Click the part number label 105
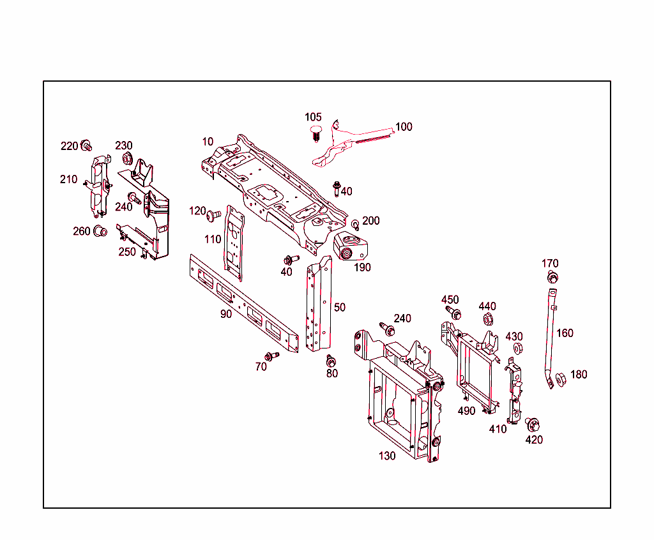(x=313, y=117)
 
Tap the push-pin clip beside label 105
(x=315, y=133)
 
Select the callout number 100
(x=404, y=126)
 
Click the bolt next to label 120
(x=214, y=216)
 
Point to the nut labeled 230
(x=126, y=158)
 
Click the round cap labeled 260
(x=100, y=231)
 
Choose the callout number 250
(x=127, y=251)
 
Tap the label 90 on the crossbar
(x=226, y=314)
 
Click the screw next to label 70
(x=271, y=356)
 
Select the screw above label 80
(x=331, y=361)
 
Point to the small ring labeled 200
(x=356, y=225)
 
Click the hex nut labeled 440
(x=487, y=319)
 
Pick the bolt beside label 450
(x=455, y=313)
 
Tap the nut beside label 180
(x=561, y=379)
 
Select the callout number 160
(x=565, y=333)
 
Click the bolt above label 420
(x=531, y=424)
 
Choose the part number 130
(x=387, y=456)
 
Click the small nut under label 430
(x=518, y=348)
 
